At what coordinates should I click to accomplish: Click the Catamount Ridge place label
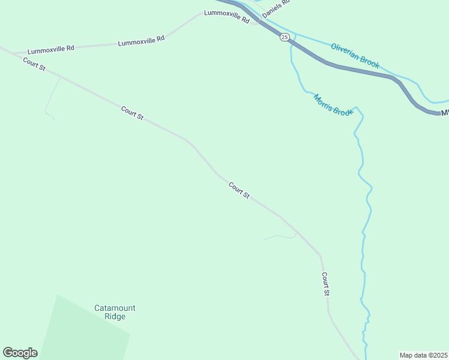[115, 312]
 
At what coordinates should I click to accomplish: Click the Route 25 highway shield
[285, 37]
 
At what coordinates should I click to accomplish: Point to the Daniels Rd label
[277, 8]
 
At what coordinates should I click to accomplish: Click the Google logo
[20, 353]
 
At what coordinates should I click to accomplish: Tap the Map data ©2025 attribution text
[424, 355]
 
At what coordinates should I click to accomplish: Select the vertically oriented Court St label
[325, 284]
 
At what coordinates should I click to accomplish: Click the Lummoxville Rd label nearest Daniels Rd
[226, 16]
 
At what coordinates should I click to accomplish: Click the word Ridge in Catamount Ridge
[115, 316]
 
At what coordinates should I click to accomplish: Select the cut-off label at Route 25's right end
[445, 112]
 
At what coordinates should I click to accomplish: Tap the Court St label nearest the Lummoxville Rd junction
[35, 64]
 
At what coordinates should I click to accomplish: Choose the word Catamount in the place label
[115, 308]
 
